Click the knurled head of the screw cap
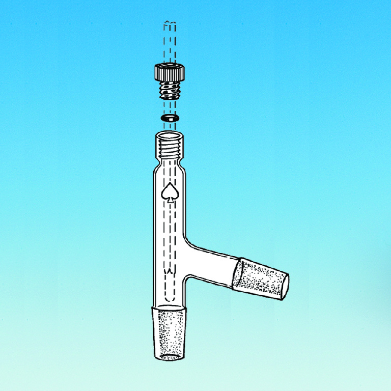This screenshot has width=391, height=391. click(169, 73)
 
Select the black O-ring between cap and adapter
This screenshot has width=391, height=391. click(169, 118)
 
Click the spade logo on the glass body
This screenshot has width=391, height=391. click(169, 191)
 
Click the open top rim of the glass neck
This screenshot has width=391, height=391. click(169, 135)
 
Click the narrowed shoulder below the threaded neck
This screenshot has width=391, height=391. click(169, 165)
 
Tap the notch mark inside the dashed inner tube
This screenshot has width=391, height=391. click(169, 273)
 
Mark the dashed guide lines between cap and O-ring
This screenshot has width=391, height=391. click(169, 108)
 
